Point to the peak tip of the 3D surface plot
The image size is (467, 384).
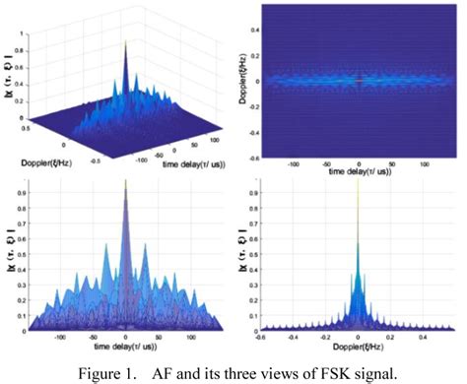125,42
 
